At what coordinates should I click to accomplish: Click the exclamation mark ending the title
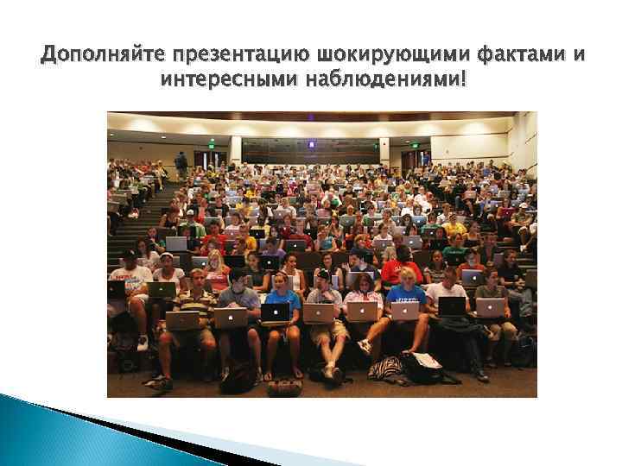(464, 81)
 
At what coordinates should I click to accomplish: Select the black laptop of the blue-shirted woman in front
(275, 312)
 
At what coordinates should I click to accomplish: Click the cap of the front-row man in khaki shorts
(322, 274)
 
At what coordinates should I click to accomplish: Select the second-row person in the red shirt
(400, 269)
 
